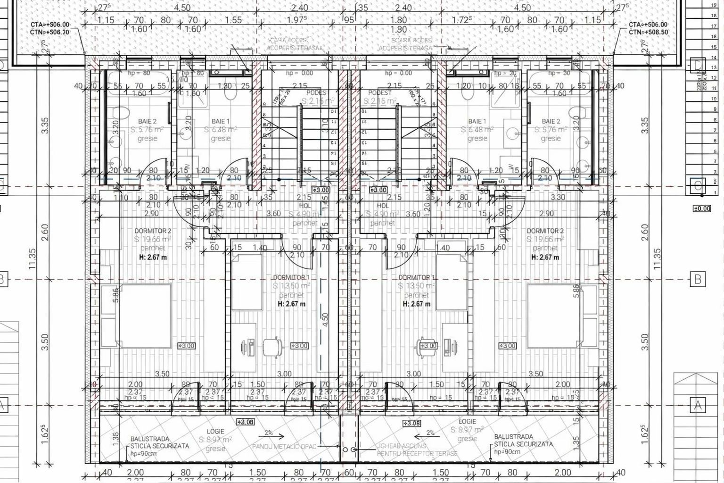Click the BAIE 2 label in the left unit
(147, 121)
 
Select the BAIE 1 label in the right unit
(477, 121)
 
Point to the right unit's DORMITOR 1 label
(417, 277)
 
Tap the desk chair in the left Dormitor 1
(271, 347)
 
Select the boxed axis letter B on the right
(698, 279)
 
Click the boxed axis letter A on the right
(697, 404)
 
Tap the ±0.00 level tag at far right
(701, 208)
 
